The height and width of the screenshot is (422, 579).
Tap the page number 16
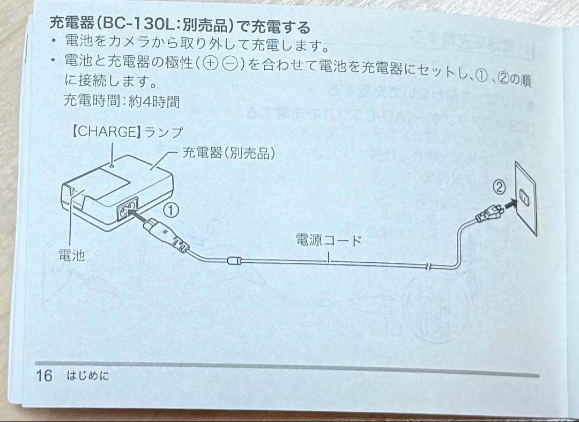(44, 375)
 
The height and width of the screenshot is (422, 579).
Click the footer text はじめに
(87, 376)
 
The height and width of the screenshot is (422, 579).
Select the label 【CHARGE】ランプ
(127, 132)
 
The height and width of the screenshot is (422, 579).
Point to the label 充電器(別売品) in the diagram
(229, 153)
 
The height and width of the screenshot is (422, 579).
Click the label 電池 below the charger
(71, 255)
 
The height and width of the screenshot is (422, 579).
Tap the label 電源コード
(329, 240)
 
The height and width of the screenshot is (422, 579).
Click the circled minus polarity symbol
(231, 64)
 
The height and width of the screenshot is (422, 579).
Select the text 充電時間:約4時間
(121, 100)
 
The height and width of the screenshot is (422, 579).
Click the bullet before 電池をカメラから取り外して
(52, 41)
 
